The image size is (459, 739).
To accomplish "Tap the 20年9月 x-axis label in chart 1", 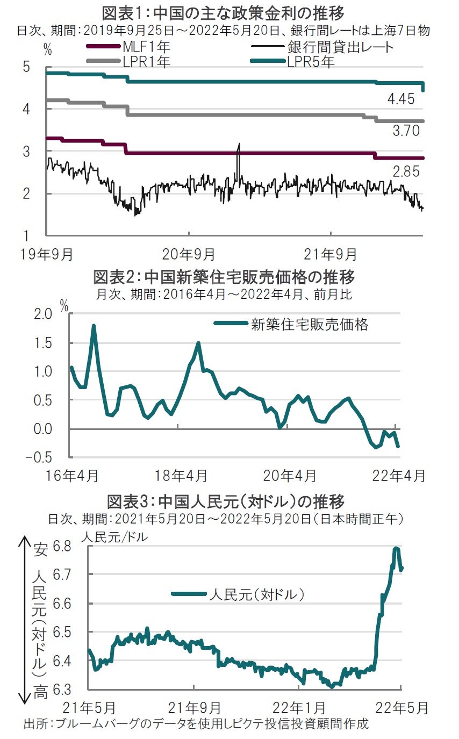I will pyautogui.click(x=189, y=252).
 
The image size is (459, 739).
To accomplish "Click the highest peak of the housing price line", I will pyautogui.click(x=94, y=326).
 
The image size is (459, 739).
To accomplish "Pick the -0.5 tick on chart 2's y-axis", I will pyautogui.click(x=51, y=457).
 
